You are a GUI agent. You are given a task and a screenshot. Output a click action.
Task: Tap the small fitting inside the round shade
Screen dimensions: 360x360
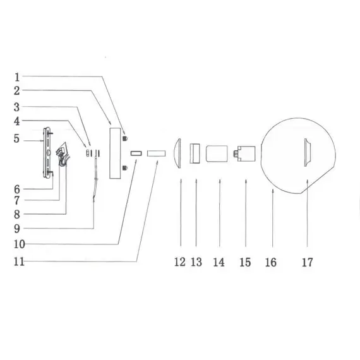tap(308, 152)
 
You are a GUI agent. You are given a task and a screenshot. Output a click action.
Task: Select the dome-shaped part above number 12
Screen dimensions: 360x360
tap(180, 153)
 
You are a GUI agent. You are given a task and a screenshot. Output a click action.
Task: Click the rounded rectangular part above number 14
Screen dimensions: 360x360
tap(218, 154)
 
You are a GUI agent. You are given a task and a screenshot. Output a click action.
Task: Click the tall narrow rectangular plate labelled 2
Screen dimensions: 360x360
tap(116, 153)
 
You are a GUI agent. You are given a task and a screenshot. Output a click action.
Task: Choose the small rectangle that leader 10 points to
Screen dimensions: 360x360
tap(135, 153)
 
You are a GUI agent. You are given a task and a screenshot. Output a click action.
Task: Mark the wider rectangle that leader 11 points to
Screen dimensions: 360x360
tap(155, 153)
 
